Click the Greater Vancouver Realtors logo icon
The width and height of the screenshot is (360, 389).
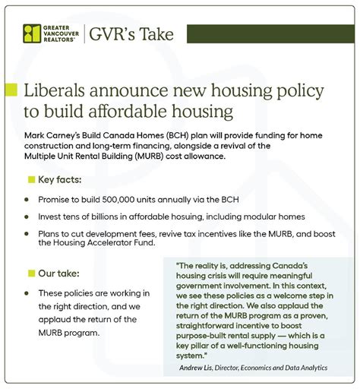point(31,34)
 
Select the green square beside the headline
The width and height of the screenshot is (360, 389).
point(11,90)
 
